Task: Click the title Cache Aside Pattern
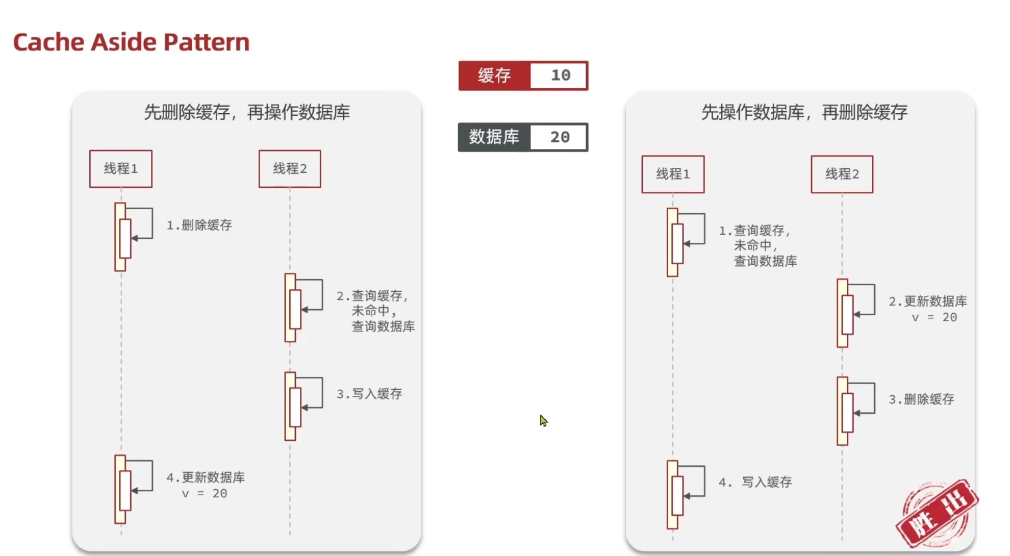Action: point(131,42)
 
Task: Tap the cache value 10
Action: point(560,75)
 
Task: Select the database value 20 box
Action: point(559,137)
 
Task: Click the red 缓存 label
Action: point(494,75)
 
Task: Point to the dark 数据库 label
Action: point(494,137)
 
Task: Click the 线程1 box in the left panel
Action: point(121,169)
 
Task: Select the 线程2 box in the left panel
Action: point(290,169)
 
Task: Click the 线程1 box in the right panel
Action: point(673,174)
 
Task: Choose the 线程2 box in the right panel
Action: point(842,174)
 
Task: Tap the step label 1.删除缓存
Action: point(199,225)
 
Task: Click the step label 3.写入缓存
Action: point(369,394)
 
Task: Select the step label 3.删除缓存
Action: point(921,399)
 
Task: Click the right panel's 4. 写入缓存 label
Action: point(755,483)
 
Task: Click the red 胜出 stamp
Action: point(937,514)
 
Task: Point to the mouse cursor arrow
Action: point(543,420)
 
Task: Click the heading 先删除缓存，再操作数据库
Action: point(247,112)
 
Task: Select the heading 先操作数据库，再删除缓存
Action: point(804,112)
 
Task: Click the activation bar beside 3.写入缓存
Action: point(291,406)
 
